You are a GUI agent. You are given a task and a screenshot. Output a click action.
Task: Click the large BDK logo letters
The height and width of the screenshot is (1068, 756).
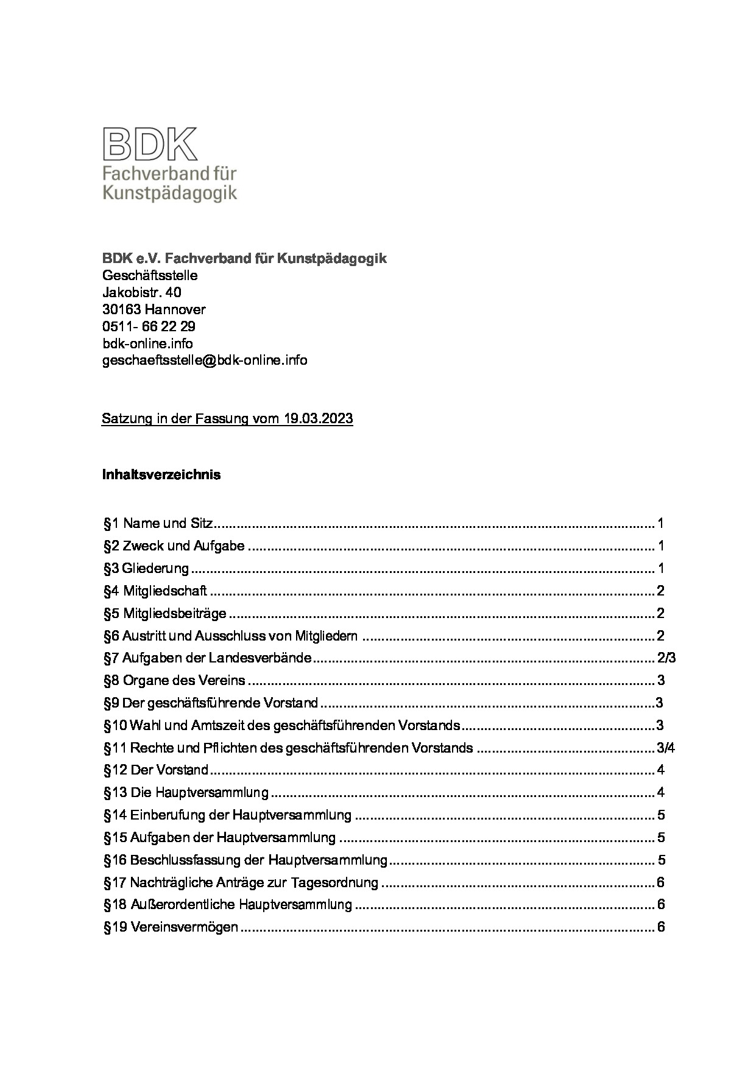pyautogui.click(x=150, y=143)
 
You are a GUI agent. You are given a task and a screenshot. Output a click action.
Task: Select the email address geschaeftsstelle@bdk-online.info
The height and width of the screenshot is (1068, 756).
pyautogui.click(x=205, y=360)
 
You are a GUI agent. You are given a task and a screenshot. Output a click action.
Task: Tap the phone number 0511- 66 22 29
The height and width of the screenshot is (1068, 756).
pyautogui.click(x=149, y=326)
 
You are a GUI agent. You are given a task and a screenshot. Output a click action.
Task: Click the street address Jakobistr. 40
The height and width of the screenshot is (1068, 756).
pyautogui.click(x=141, y=292)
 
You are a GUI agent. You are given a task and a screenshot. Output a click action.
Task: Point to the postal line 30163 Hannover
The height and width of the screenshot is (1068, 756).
pyautogui.click(x=154, y=309)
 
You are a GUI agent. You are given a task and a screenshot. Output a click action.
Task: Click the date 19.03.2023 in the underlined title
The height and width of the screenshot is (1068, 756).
pyautogui.click(x=318, y=419)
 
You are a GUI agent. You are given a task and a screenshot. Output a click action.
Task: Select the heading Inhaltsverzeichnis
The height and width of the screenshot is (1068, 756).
pyautogui.click(x=161, y=474)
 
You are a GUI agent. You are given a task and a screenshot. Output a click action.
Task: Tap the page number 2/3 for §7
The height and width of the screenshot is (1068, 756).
pyautogui.click(x=667, y=658)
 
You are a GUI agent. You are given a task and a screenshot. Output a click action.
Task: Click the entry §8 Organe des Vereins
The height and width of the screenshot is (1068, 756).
pyautogui.click(x=174, y=680)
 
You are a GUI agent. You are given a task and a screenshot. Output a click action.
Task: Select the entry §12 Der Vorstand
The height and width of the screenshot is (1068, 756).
pyautogui.click(x=156, y=770)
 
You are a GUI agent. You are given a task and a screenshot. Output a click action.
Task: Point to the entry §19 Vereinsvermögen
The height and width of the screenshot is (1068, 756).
pyautogui.click(x=171, y=927)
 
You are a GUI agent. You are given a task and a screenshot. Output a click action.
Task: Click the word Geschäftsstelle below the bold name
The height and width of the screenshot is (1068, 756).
pyautogui.click(x=150, y=275)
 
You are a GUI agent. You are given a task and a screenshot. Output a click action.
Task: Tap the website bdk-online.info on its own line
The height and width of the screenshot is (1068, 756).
pyautogui.click(x=147, y=343)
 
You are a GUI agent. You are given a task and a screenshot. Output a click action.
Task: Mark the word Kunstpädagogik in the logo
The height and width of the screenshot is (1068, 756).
pyautogui.click(x=169, y=194)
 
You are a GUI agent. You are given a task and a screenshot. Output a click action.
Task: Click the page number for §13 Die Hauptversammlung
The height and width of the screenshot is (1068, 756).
pyautogui.click(x=661, y=792)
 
